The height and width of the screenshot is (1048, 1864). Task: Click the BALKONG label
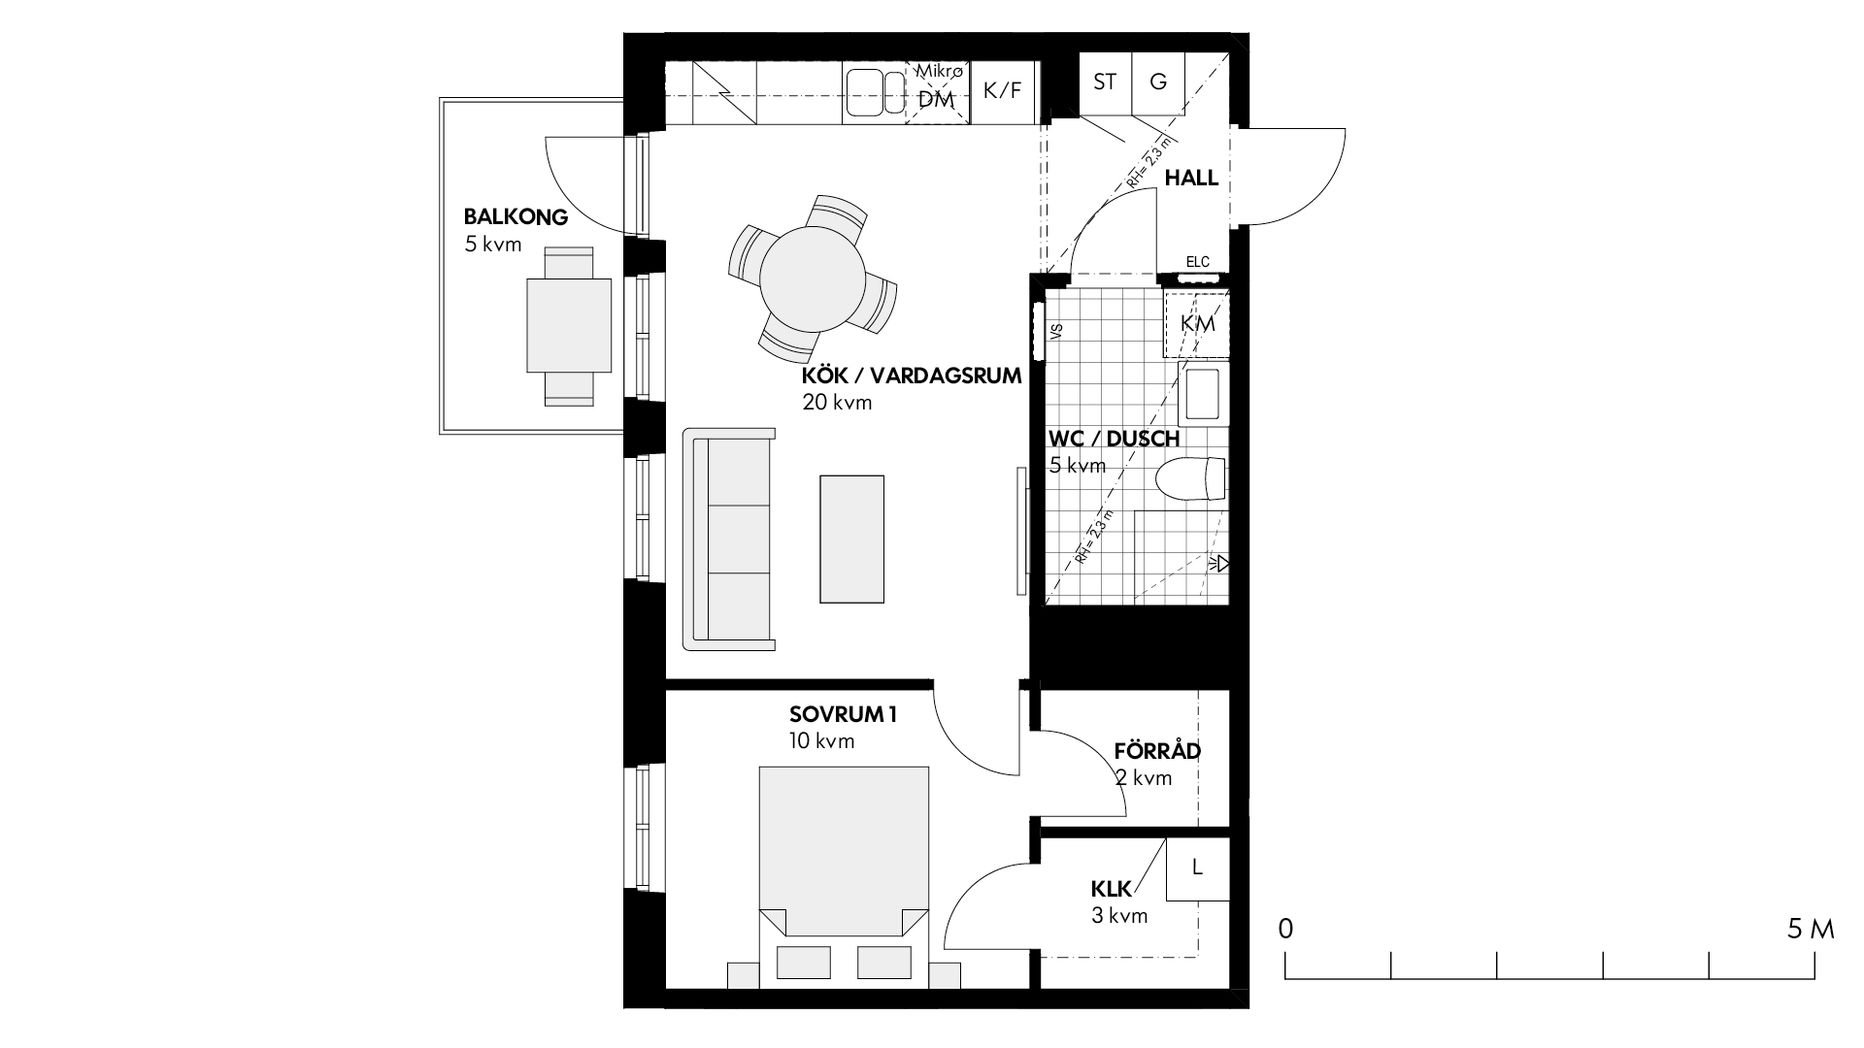pyautogui.click(x=516, y=216)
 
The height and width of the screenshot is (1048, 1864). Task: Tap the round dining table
pyautogui.click(x=813, y=278)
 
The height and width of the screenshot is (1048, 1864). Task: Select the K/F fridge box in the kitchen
pyautogui.click(x=1003, y=91)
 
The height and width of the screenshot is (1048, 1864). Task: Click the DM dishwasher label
pyautogui.click(x=937, y=99)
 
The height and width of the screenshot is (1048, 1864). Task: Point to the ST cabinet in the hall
pyautogui.click(x=1106, y=82)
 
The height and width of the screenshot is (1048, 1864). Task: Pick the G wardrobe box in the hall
pyautogui.click(x=1158, y=82)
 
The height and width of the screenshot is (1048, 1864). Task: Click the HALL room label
pyautogui.click(x=1191, y=178)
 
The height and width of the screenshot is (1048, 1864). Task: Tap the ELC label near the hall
pyautogui.click(x=1198, y=262)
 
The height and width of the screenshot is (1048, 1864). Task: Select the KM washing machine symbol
pyautogui.click(x=1197, y=324)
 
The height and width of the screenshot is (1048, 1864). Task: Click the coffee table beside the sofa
pyautogui.click(x=852, y=539)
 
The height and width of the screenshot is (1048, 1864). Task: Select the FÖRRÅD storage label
pyautogui.click(x=1157, y=751)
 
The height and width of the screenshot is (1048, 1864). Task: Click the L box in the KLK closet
pyautogui.click(x=1197, y=868)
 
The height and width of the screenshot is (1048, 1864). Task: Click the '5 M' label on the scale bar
pyautogui.click(x=1811, y=930)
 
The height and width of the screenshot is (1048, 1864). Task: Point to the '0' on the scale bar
pyautogui.click(x=1285, y=930)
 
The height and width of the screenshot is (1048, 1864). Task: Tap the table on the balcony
pyautogui.click(x=569, y=326)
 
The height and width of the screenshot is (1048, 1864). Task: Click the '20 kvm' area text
pyautogui.click(x=837, y=402)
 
